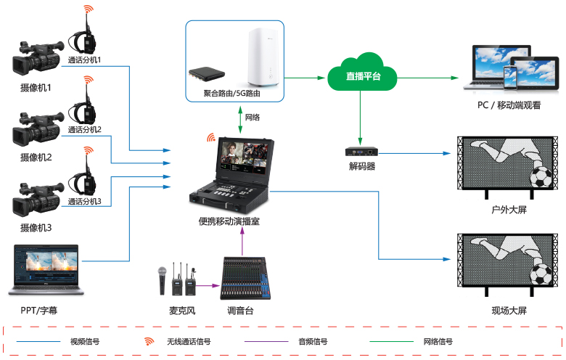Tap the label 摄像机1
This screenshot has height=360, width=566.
36,88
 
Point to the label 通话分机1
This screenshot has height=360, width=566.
84,60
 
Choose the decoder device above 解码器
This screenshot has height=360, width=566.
361,152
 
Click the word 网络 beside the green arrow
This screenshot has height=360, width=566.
253,117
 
